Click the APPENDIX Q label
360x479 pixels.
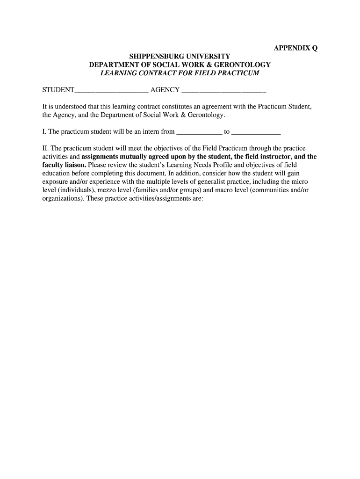(295, 48)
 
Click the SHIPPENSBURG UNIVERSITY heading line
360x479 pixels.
(180, 57)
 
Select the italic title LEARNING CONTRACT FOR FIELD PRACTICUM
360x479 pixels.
(180, 73)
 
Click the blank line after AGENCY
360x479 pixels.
(223, 90)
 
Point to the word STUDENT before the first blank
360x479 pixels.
(58, 90)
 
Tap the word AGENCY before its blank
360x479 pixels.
(165, 90)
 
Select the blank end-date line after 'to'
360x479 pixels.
(256, 132)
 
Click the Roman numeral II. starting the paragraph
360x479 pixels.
(45, 149)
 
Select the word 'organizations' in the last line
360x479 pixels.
(60, 198)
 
